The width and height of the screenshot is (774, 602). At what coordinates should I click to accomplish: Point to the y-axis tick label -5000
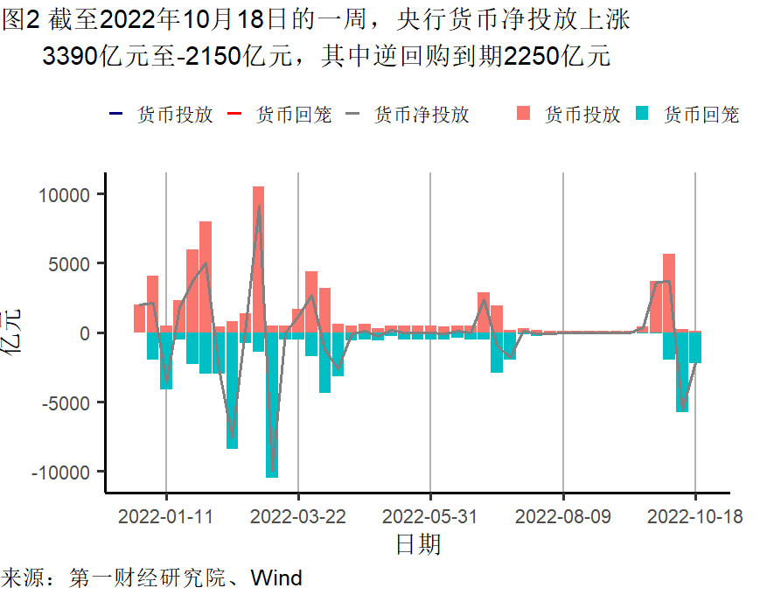[x=66, y=402]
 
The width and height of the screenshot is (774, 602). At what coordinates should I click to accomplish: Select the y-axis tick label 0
[x=86, y=333]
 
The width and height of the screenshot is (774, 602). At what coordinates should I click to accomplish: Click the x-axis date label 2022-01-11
[x=166, y=516]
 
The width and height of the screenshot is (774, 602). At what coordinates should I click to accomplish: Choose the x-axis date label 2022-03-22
[x=298, y=516]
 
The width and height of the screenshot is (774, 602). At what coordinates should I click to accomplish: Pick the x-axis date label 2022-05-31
[x=430, y=516]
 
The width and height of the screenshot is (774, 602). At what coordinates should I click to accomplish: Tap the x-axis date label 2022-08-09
[x=563, y=516]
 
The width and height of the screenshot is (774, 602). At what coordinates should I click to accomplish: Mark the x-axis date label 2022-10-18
[x=695, y=516]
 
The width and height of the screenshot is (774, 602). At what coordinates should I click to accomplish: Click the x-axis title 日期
[x=418, y=544]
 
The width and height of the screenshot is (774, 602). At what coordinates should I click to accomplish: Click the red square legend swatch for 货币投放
[x=525, y=114]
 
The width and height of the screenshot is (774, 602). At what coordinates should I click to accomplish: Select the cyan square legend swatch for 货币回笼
[x=643, y=114]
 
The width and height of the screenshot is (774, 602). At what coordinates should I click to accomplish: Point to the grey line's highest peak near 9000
[x=259, y=206]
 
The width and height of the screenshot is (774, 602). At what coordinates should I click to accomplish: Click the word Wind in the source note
[x=276, y=578]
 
